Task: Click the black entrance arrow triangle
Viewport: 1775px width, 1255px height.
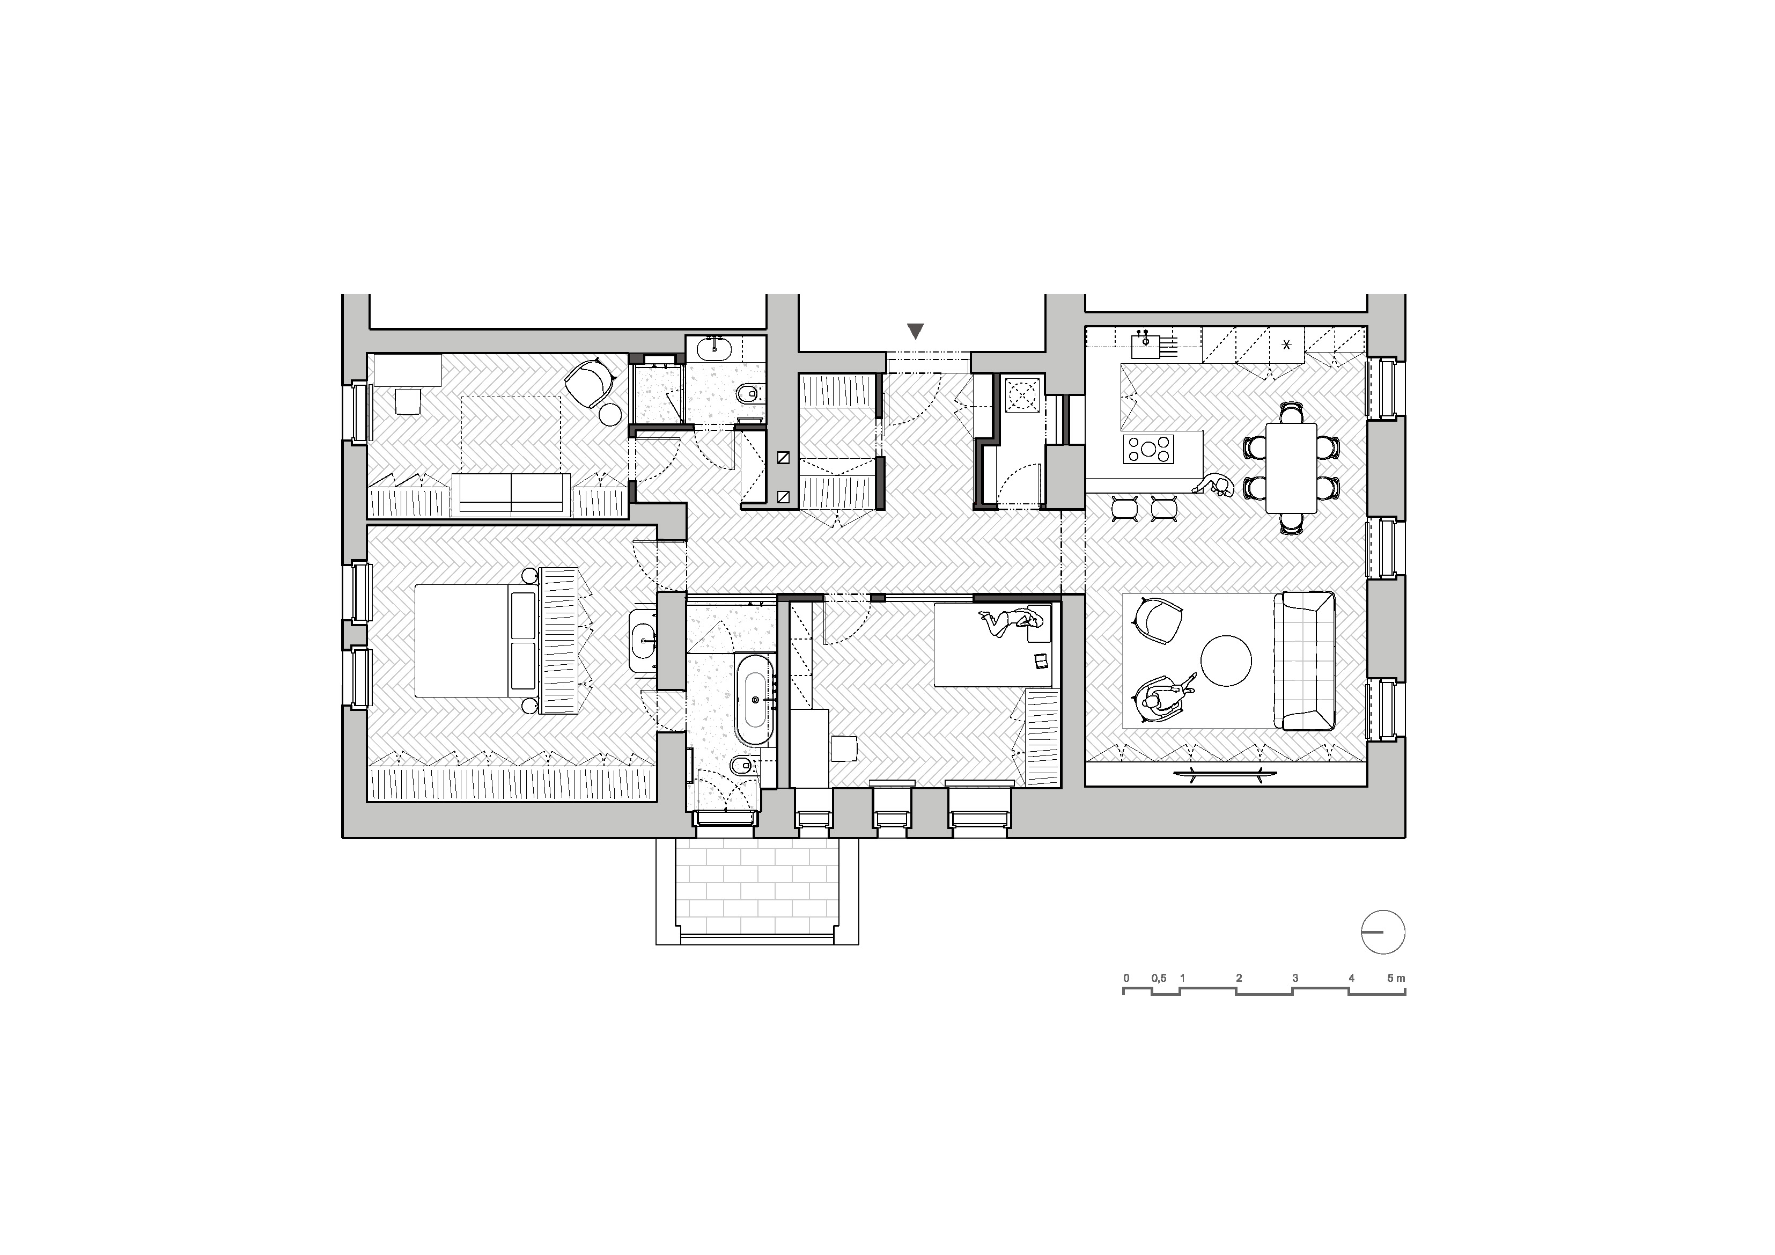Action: [915, 331]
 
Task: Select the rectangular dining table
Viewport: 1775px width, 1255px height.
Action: [1291, 467]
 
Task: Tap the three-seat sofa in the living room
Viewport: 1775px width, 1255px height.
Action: [1309, 660]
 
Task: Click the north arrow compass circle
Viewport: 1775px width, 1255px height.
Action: [1382, 932]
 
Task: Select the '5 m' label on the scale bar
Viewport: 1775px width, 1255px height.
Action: [1395, 978]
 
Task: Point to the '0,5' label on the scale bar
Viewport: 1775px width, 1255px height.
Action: [1158, 978]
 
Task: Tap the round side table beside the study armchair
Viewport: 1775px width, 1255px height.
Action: [610, 414]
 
